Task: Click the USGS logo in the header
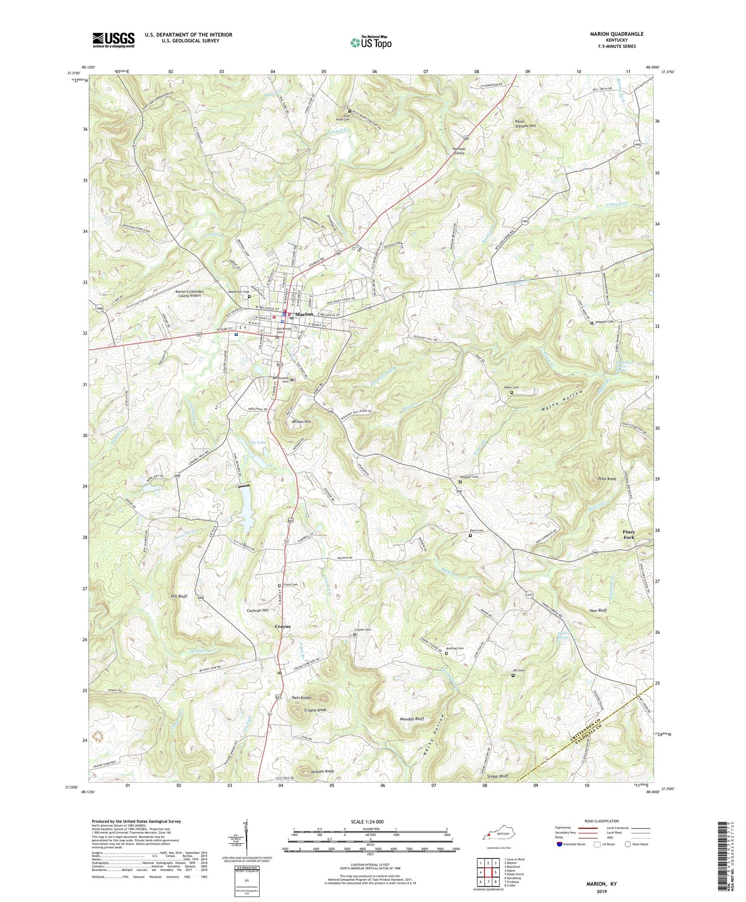113,40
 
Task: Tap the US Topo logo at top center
371,42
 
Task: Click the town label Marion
304,314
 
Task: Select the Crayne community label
282,626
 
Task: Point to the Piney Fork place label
629,534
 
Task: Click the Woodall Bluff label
412,719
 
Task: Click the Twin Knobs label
301,698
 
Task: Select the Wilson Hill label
301,421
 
